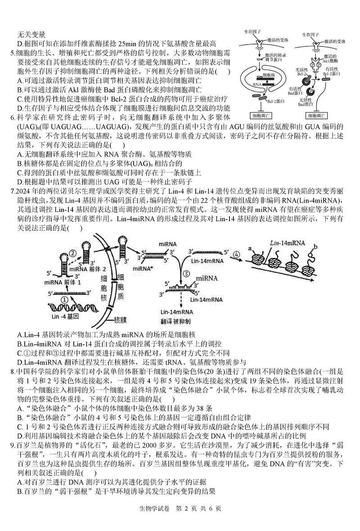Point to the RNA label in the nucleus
pos(256,84)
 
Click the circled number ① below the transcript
pos(64,298)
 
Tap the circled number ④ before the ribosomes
pos(236,255)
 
